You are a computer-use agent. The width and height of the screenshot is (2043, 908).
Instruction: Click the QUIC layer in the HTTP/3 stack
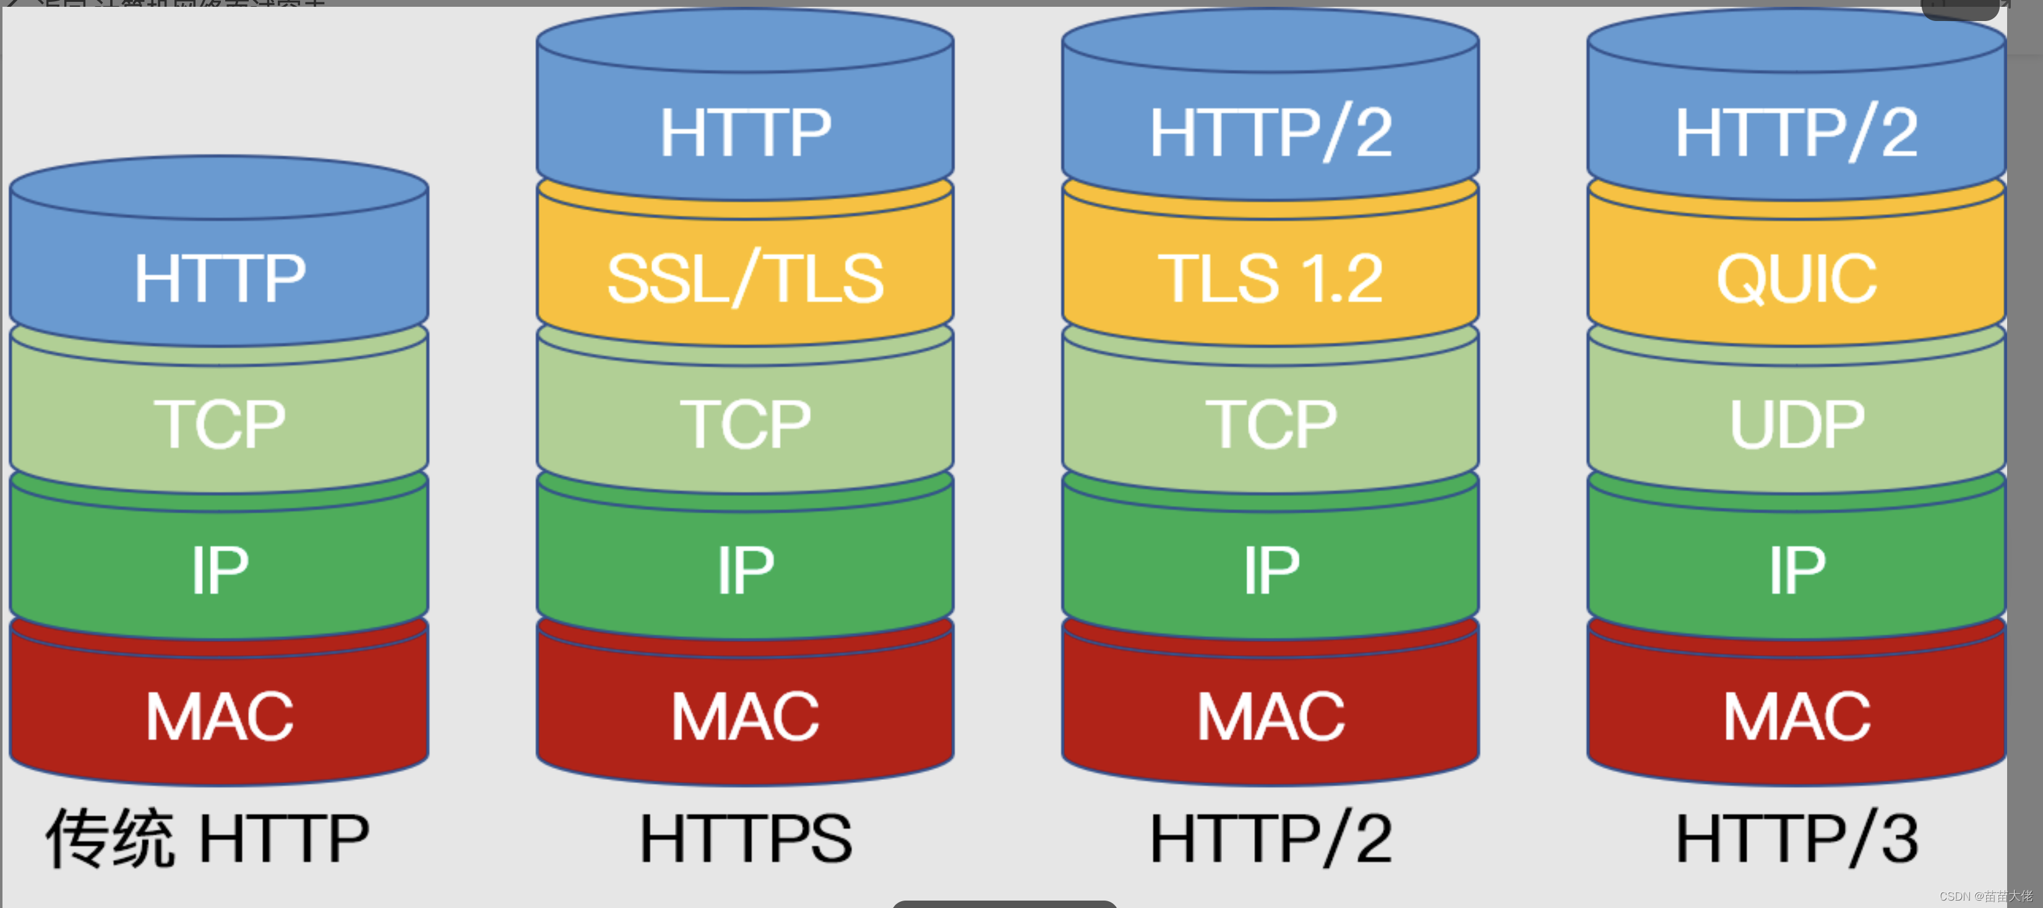tap(1796, 278)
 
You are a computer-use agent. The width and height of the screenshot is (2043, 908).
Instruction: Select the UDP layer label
tap(1796, 424)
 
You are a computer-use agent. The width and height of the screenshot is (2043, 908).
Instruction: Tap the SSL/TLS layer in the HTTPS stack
tap(746, 278)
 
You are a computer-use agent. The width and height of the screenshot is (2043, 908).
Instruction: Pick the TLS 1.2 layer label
tap(1270, 278)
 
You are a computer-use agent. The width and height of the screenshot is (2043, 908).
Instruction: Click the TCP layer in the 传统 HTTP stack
tap(220, 424)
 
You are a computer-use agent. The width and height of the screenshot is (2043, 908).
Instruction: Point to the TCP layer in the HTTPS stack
tap(746, 424)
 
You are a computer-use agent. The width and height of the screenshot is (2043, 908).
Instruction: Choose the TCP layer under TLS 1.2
tap(1270, 424)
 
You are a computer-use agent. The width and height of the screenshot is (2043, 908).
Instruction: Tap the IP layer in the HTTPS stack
tap(746, 570)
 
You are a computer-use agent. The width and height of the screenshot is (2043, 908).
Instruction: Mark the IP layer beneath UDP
tap(1796, 570)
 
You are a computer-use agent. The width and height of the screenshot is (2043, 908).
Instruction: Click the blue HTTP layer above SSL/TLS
tap(746, 132)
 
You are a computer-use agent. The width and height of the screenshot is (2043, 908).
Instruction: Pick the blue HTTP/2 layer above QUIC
tap(1796, 132)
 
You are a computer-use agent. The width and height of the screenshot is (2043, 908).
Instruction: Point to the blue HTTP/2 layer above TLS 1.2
tap(1270, 132)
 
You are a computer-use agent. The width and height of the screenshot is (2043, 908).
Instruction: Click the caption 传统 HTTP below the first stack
tap(208, 837)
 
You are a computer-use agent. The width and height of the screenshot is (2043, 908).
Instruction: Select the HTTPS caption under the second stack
tap(746, 837)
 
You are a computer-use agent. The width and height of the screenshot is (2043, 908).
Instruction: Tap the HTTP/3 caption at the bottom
tap(1796, 837)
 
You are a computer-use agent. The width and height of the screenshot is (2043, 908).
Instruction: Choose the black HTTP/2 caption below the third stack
tap(1270, 837)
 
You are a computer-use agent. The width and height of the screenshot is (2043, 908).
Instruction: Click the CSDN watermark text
tap(1985, 896)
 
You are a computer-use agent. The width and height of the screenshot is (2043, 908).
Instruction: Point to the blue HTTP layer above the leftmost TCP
tap(220, 278)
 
